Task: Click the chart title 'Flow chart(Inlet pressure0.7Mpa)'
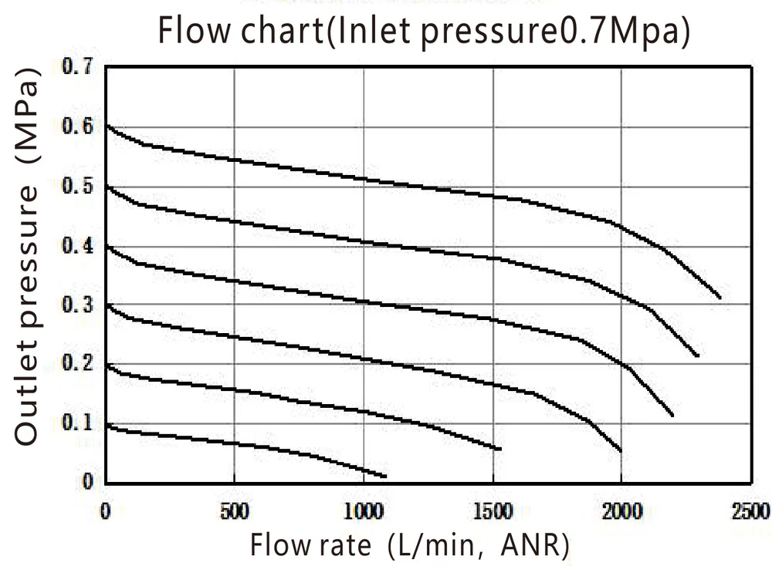(424, 32)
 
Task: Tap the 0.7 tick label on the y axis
(78, 66)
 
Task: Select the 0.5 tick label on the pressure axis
(78, 186)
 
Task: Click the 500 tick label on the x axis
(234, 510)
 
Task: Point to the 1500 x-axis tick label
(492, 510)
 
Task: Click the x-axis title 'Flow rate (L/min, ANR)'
(409, 545)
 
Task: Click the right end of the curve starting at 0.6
(720, 298)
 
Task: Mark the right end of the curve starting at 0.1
(384, 476)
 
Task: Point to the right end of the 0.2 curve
(500, 449)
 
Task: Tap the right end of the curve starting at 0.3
(620, 451)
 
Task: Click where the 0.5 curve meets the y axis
(106, 186)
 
